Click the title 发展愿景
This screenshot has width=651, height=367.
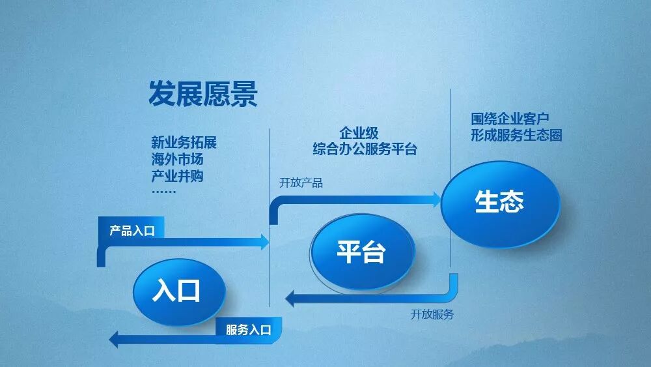[203, 95]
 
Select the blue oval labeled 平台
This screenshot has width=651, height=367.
[362, 251]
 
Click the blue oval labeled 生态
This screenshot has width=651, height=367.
[500, 202]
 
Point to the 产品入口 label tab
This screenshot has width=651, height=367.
[132, 230]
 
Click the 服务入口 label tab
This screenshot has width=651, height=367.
[248, 330]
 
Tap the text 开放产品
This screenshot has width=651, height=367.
[301, 183]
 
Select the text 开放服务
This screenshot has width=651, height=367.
[432, 314]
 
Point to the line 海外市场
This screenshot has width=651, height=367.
[177, 159]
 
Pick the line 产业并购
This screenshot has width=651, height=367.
[177, 175]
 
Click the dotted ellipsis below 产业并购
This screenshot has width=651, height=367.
[163, 192]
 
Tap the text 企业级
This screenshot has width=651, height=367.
[359, 134]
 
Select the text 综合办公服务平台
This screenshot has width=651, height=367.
[365, 150]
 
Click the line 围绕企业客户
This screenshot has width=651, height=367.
[510, 119]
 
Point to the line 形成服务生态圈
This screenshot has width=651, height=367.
[516, 136]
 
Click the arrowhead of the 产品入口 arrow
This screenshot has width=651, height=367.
[264, 242]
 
